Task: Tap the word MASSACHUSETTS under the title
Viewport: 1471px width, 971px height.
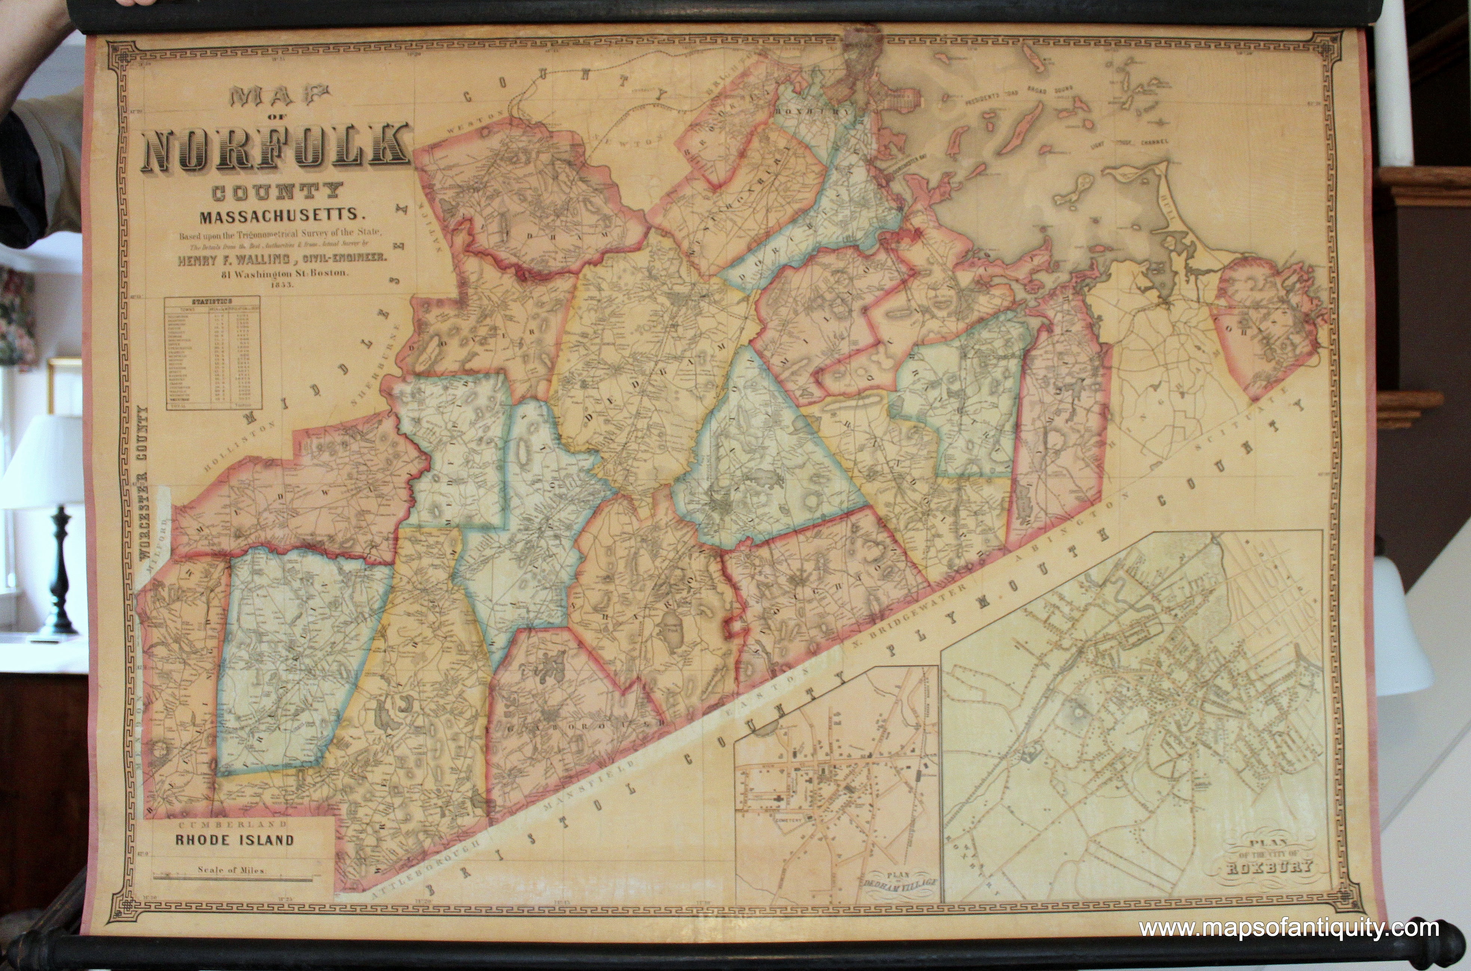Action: click(281, 216)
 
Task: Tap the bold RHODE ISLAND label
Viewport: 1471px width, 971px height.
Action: click(234, 840)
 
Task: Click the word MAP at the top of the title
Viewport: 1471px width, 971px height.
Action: click(279, 96)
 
